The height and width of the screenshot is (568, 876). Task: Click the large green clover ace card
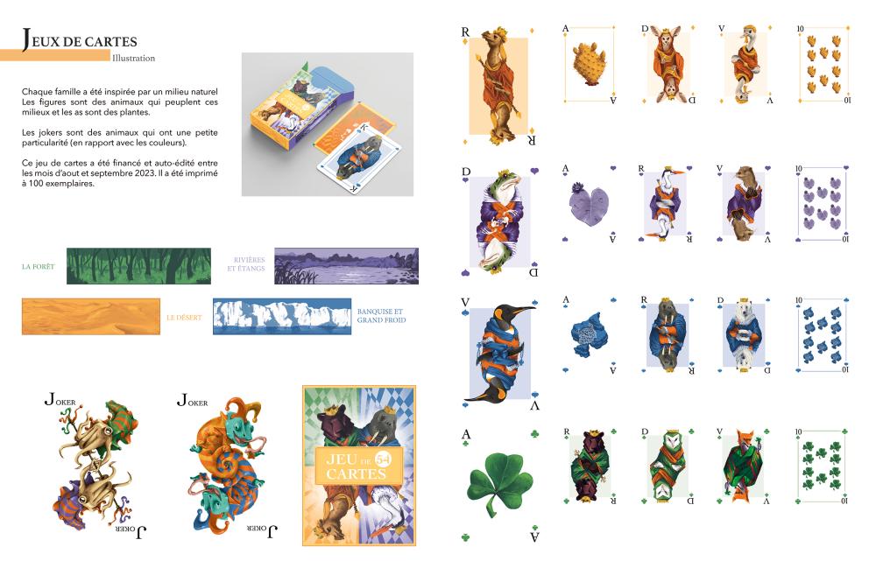[500, 486]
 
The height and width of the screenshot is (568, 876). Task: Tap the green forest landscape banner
[138, 266]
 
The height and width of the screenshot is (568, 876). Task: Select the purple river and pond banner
[346, 266]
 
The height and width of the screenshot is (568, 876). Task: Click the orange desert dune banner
[91, 316]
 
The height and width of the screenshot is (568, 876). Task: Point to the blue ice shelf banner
[282, 316]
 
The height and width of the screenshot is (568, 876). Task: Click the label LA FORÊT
[38, 267]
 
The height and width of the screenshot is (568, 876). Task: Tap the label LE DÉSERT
[184, 318]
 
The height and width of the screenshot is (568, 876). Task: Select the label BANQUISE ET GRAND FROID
[382, 316]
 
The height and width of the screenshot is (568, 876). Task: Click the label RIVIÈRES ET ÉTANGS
[246, 264]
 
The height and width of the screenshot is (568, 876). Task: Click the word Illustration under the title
[133, 58]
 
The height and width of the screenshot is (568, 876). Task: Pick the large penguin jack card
[500, 353]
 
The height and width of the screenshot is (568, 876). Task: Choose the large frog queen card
[500, 221]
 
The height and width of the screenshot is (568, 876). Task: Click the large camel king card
[499, 87]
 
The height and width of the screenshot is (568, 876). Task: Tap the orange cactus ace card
[590, 64]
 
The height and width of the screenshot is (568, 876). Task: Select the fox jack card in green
[744, 466]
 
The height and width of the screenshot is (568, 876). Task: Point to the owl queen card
[667, 466]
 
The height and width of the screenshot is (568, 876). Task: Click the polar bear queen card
[744, 335]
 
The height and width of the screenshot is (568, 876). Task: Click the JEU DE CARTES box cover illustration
[359, 466]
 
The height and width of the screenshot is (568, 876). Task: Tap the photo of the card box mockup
[328, 124]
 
